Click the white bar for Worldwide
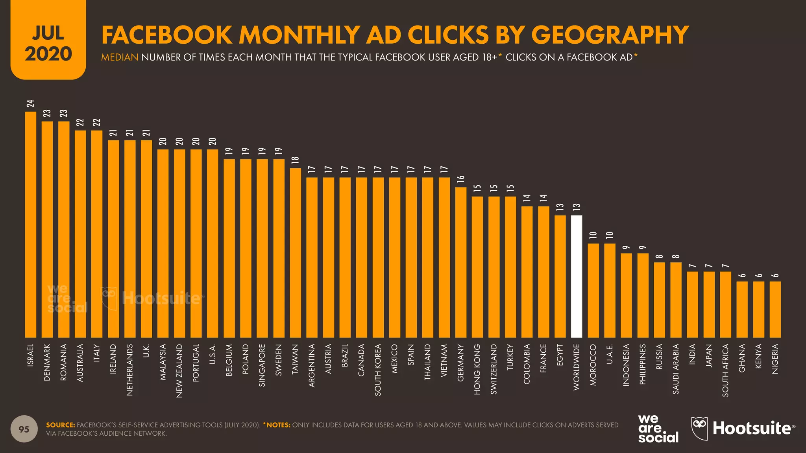pyautogui.click(x=576, y=276)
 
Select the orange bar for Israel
pyautogui.click(x=31, y=225)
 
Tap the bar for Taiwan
pyautogui.click(x=295, y=253)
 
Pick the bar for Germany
pyautogui.click(x=460, y=262)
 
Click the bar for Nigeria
pyautogui.click(x=775, y=309)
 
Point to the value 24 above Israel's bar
pyautogui.click(x=31, y=104)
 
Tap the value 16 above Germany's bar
pyautogui.click(x=460, y=179)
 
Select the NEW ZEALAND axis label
pyautogui.click(x=179, y=371)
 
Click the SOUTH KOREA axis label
pyautogui.click(x=378, y=370)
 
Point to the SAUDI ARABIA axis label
pyautogui.click(x=676, y=369)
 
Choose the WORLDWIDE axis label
pyautogui.click(x=576, y=367)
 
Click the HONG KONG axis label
pyautogui.click(x=477, y=369)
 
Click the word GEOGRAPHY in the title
pyautogui.click(x=610, y=35)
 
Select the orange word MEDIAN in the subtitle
pyautogui.click(x=120, y=57)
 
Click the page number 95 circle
pyautogui.click(x=24, y=429)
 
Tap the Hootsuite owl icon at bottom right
pyautogui.click(x=699, y=428)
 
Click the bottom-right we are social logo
pyautogui.click(x=658, y=429)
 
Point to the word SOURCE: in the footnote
pyautogui.click(x=60, y=425)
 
